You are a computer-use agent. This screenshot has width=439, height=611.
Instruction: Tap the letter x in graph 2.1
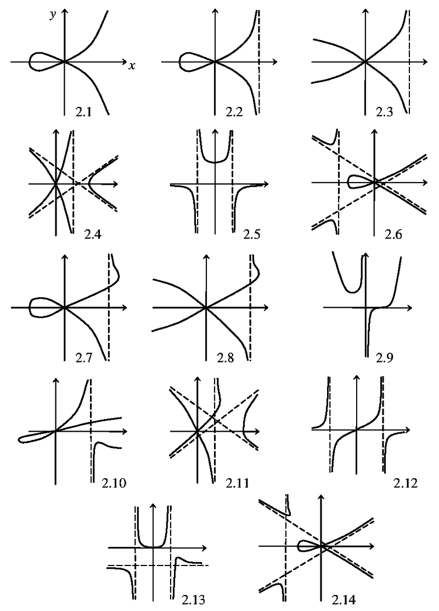pyautogui.click(x=132, y=66)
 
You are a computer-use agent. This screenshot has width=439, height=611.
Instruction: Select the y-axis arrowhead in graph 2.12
pyautogui.click(x=357, y=378)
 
